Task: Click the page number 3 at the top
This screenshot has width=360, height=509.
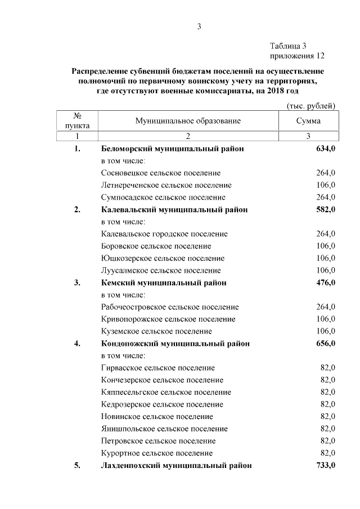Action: point(199,26)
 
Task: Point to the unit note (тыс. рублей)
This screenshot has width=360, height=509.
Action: point(310,106)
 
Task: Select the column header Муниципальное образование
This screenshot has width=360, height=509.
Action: point(188,121)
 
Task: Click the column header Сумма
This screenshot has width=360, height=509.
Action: point(308,121)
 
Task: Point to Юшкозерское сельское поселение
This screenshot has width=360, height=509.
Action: point(163,258)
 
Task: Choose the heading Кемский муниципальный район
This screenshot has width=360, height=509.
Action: point(164,283)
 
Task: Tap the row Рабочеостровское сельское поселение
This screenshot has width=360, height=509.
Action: point(170,307)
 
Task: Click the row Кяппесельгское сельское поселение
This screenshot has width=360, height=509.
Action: point(166,392)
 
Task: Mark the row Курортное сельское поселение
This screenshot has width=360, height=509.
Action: point(157,453)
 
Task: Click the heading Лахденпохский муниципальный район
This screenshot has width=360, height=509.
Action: point(176,466)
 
